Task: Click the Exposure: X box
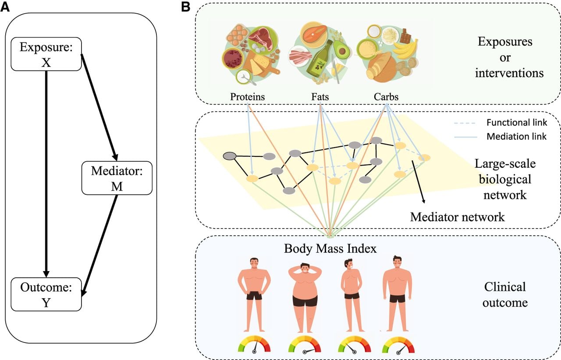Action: point(46,54)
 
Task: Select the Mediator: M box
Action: point(117,178)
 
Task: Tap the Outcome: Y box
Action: point(46,294)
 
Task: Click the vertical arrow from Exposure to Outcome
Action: point(46,174)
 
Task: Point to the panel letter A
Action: point(5,7)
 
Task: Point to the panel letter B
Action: point(185,7)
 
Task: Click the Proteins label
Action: point(248,97)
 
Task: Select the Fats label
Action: point(320,97)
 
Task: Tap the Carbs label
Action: point(386,97)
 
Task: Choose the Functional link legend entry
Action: point(501,123)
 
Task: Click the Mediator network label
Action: point(457,217)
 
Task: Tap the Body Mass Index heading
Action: point(330,248)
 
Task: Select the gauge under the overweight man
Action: point(305,345)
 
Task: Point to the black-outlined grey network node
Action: point(230,156)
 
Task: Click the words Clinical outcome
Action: point(505,295)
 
